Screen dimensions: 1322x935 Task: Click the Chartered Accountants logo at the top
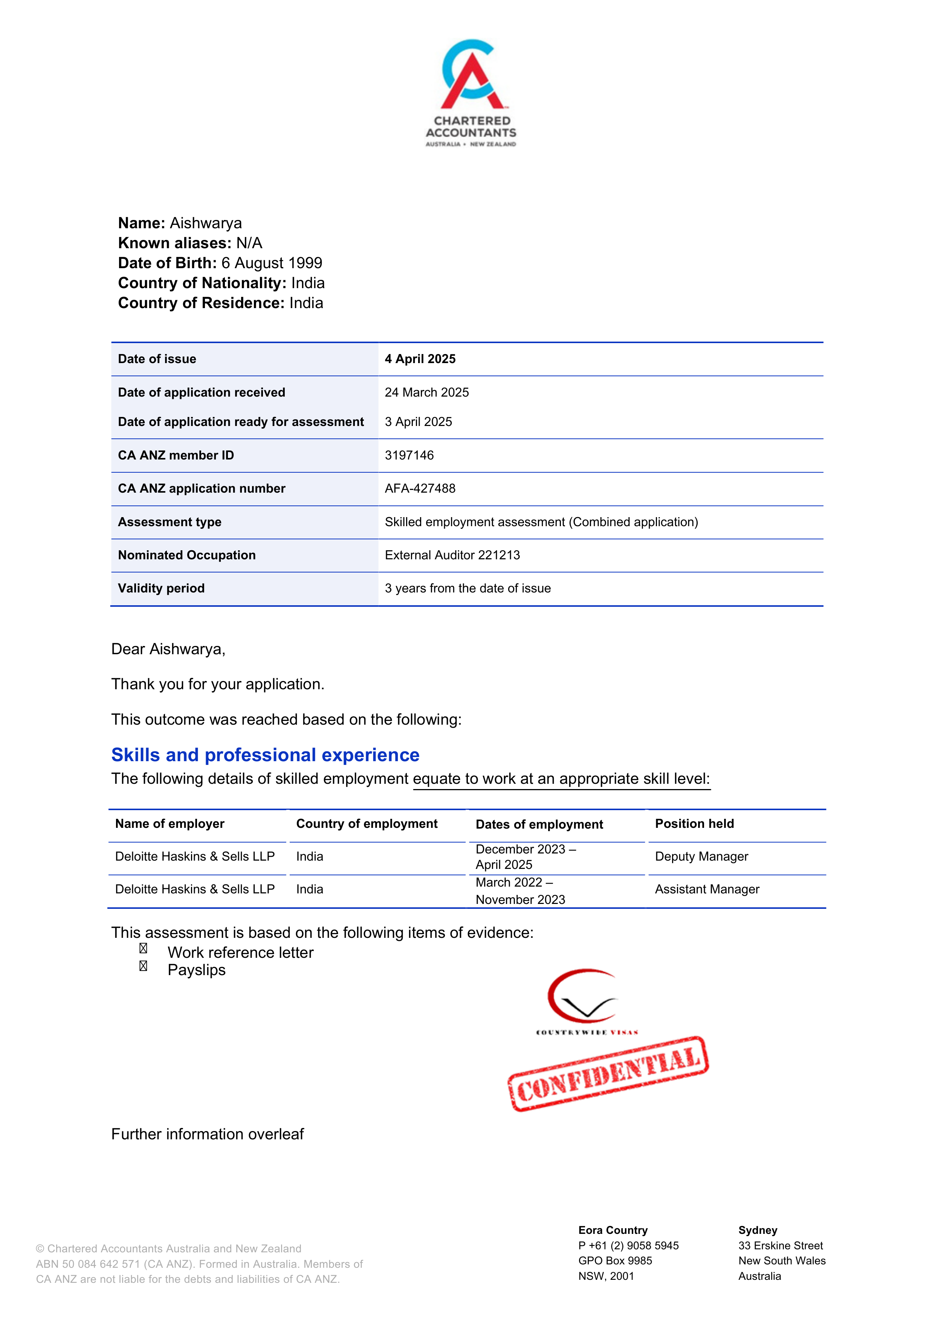(x=471, y=92)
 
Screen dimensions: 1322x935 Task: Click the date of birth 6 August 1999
(x=272, y=263)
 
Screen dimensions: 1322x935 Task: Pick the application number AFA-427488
(x=420, y=488)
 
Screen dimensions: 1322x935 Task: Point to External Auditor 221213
(x=452, y=555)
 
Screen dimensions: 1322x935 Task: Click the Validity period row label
(x=161, y=588)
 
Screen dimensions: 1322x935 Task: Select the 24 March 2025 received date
(x=426, y=392)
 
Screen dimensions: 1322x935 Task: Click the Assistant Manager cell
(x=707, y=890)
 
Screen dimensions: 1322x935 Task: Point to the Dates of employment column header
(x=539, y=824)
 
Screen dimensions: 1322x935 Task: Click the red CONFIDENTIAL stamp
(x=608, y=1075)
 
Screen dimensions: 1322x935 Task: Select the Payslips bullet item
(x=196, y=970)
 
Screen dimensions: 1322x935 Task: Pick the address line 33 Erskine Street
(x=780, y=1246)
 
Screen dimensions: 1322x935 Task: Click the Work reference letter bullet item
(x=240, y=953)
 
